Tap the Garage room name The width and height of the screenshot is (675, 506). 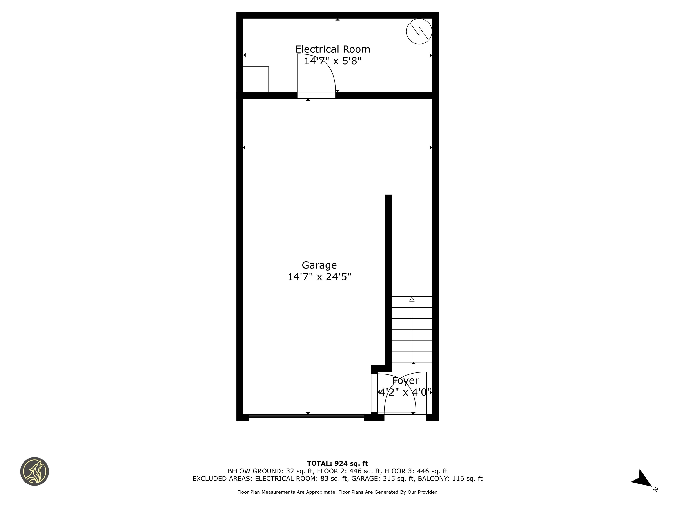pos(319,265)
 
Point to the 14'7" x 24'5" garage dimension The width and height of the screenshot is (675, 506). pos(319,277)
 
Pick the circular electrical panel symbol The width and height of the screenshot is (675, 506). pos(419,31)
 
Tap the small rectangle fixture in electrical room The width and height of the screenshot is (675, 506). pos(256,79)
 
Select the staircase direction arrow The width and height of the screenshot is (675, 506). pos(412,329)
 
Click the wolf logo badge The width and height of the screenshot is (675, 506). pos(34,471)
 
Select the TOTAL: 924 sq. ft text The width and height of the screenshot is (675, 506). pos(337,464)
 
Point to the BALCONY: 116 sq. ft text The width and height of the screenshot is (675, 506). pos(450,479)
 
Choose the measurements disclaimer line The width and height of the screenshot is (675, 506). pos(337,492)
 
